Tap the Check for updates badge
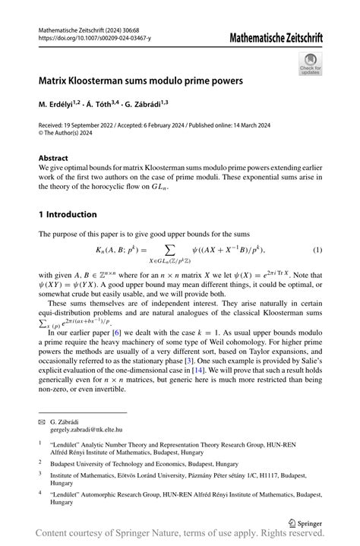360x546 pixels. pyautogui.click(x=310, y=65)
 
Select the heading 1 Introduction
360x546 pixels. pyautogui.click(x=68, y=214)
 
